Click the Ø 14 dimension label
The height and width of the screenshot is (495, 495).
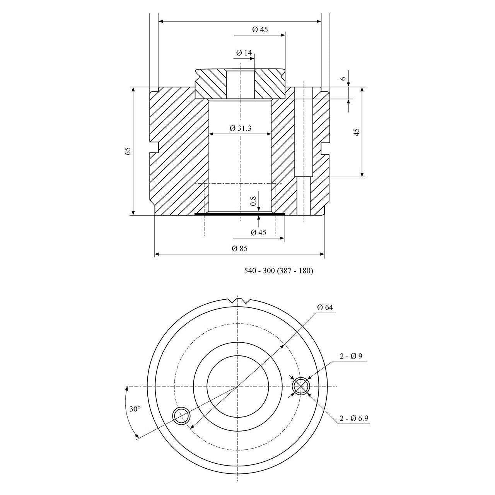pyautogui.click(x=243, y=52)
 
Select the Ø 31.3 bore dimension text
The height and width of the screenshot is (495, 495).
pyautogui.click(x=240, y=128)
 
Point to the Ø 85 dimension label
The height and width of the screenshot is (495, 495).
pyautogui.click(x=239, y=248)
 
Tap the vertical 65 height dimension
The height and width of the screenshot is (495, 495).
pyautogui.click(x=128, y=151)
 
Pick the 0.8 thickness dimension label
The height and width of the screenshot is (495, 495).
pyautogui.click(x=253, y=201)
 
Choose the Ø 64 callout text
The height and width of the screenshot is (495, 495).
pyautogui.click(x=325, y=307)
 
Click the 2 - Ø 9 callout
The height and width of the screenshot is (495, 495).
pyautogui.click(x=351, y=356)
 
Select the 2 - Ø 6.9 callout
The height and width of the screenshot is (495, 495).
pyautogui.click(x=354, y=418)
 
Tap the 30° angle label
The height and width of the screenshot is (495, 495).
pyautogui.click(x=135, y=409)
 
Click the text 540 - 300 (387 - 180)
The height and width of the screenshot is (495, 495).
pyautogui.click(x=278, y=271)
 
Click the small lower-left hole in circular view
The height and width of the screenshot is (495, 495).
pyautogui.click(x=181, y=416)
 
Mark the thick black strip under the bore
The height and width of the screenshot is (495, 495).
pyautogui.click(x=240, y=213)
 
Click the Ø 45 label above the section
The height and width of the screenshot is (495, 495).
pyautogui.click(x=260, y=29)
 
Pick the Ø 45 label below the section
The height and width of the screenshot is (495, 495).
pyautogui.click(x=258, y=232)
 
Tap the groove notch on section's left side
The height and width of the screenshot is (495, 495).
pyautogui.click(x=154, y=147)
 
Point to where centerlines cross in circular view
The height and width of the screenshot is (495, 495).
pyautogui.click(x=237, y=386)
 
